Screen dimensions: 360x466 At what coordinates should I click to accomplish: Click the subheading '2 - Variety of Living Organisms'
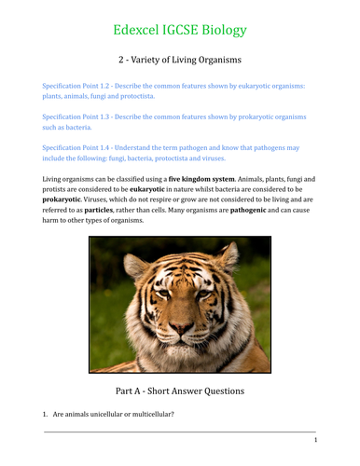[x=180, y=61]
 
